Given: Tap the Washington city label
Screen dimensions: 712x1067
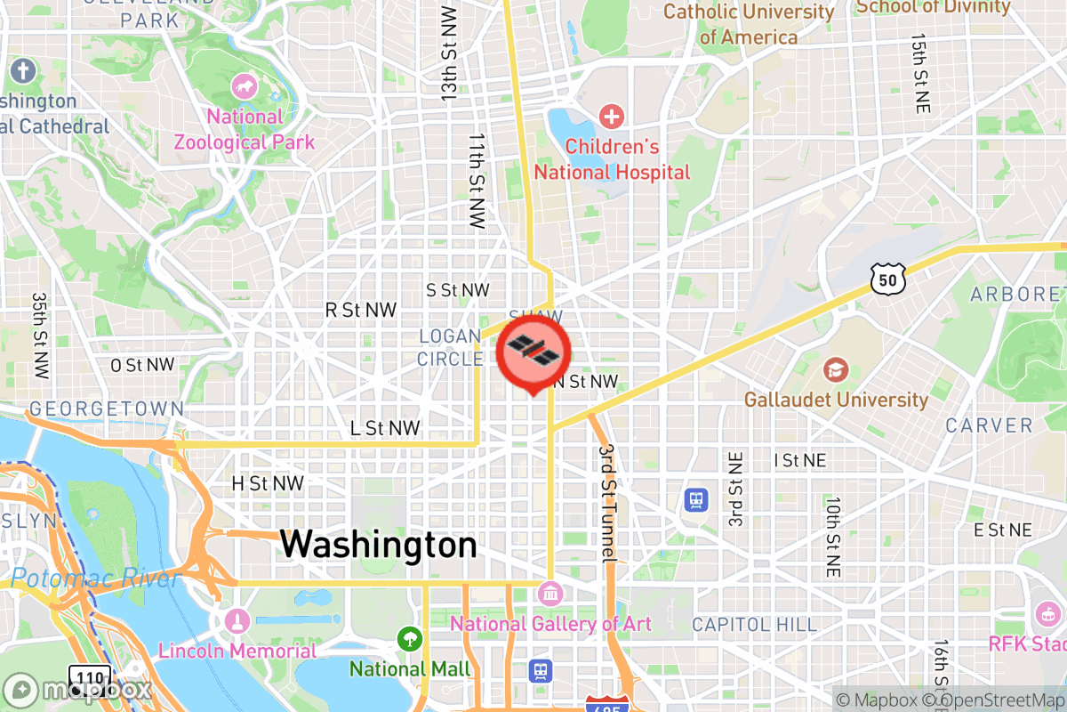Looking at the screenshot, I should tap(379, 545).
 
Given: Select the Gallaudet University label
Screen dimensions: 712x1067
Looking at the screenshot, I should tap(836, 399).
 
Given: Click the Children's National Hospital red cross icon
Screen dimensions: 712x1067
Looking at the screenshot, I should tap(611, 116).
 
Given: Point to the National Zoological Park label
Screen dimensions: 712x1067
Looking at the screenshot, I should tap(244, 129).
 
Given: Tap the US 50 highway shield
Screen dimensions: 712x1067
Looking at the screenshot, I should tap(888, 280).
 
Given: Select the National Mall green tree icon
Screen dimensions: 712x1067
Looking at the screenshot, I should tap(409, 638).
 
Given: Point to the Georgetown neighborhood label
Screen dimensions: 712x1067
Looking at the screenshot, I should tap(107, 409).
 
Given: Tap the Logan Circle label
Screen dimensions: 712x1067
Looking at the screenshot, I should tap(450, 347).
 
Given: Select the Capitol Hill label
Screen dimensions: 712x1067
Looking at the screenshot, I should tap(754, 624).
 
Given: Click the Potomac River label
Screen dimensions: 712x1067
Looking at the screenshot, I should tap(96, 579).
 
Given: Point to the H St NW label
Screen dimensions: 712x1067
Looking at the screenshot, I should tap(268, 483).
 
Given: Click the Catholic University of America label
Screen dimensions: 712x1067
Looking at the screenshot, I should tap(749, 24).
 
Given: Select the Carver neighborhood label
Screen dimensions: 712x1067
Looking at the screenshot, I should tap(989, 425).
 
